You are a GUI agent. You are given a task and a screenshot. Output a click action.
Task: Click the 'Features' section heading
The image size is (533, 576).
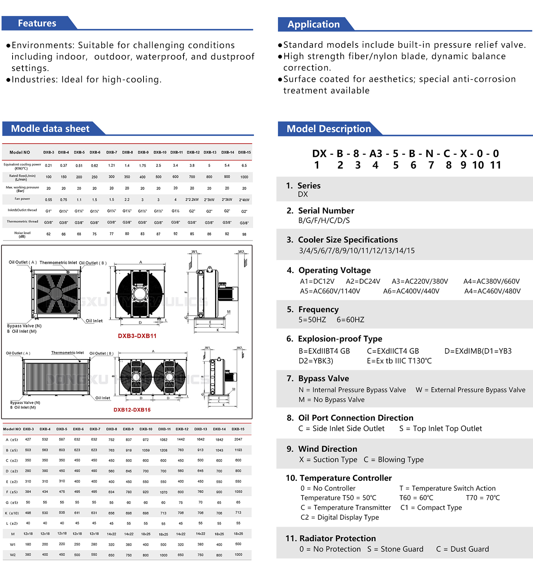pyautogui.click(x=37, y=23)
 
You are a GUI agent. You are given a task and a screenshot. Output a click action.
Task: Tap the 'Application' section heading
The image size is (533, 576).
pyautogui.click(x=313, y=24)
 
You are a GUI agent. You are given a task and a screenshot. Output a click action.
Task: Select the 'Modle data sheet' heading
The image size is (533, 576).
pyautogui.click(x=50, y=129)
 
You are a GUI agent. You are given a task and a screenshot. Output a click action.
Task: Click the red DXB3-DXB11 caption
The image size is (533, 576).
pyautogui.click(x=137, y=336)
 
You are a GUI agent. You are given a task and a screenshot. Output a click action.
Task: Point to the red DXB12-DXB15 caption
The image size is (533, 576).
pyautogui.click(x=132, y=410)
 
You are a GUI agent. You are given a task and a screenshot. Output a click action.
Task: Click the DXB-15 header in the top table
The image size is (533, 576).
pyautogui.click(x=244, y=152)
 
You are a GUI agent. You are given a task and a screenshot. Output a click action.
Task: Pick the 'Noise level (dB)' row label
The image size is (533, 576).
pyautogui.click(x=22, y=235)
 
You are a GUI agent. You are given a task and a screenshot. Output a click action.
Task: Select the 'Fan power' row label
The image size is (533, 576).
pyautogui.click(x=22, y=199)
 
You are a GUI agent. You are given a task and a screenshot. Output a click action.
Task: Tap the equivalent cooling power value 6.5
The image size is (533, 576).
pyautogui.click(x=244, y=166)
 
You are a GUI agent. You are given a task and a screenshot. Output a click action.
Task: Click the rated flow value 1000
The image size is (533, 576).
pyautogui.click(x=244, y=177)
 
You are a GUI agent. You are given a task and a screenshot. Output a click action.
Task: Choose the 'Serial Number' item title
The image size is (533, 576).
pyautogui.click(x=326, y=211)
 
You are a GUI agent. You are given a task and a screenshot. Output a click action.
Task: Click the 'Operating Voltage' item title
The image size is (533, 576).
pyautogui.click(x=334, y=270)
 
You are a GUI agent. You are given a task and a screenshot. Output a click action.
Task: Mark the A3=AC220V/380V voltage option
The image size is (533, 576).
pyautogui.click(x=420, y=281)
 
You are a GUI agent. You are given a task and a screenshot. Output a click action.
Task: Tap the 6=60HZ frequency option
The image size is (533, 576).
pyautogui.click(x=350, y=320)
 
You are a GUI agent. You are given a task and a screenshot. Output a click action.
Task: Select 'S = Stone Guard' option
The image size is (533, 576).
pyautogui.click(x=395, y=549)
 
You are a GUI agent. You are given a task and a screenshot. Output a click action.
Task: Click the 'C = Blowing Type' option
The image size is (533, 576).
pyautogui.click(x=394, y=460)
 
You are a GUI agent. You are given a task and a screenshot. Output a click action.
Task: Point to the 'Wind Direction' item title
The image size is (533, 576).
pyautogui.click(x=327, y=449)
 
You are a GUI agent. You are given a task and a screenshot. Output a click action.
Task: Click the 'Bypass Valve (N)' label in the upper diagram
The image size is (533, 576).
pyautogui.click(x=24, y=326)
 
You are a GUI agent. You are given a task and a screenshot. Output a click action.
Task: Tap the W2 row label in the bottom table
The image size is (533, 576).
pyautogui.click(x=13, y=555)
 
